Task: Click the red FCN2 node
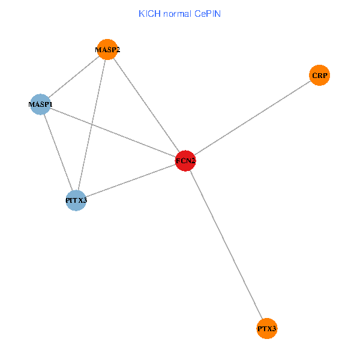click(185, 161)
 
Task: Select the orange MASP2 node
click(107, 50)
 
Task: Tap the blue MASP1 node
click(40, 104)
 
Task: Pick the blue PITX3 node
click(76, 200)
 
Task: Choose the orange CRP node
click(320, 76)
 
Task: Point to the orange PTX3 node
click(267, 329)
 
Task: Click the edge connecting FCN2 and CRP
click(253, 118)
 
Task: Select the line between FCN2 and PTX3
click(226, 245)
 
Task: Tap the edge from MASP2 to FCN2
click(146, 106)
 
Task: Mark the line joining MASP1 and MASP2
click(74, 77)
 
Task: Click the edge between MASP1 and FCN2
click(113, 133)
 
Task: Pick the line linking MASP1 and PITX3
click(58, 152)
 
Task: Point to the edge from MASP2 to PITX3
click(92, 125)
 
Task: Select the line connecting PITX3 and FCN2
click(131, 181)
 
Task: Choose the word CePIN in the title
click(208, 13)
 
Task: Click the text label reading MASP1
click(40, 104)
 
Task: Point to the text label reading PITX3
click(76, 200)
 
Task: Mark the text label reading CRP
click(320, 76)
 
